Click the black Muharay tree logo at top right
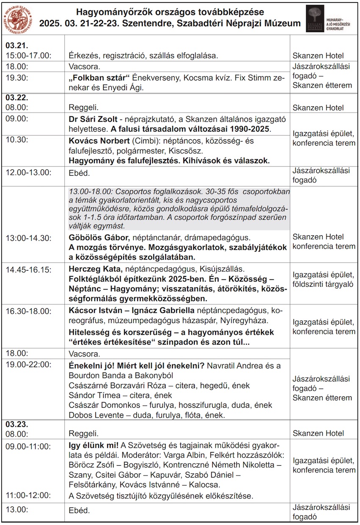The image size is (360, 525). pos(315,18)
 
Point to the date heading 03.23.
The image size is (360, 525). pos(14,424)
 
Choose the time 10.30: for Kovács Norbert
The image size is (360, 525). pos(16,141)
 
